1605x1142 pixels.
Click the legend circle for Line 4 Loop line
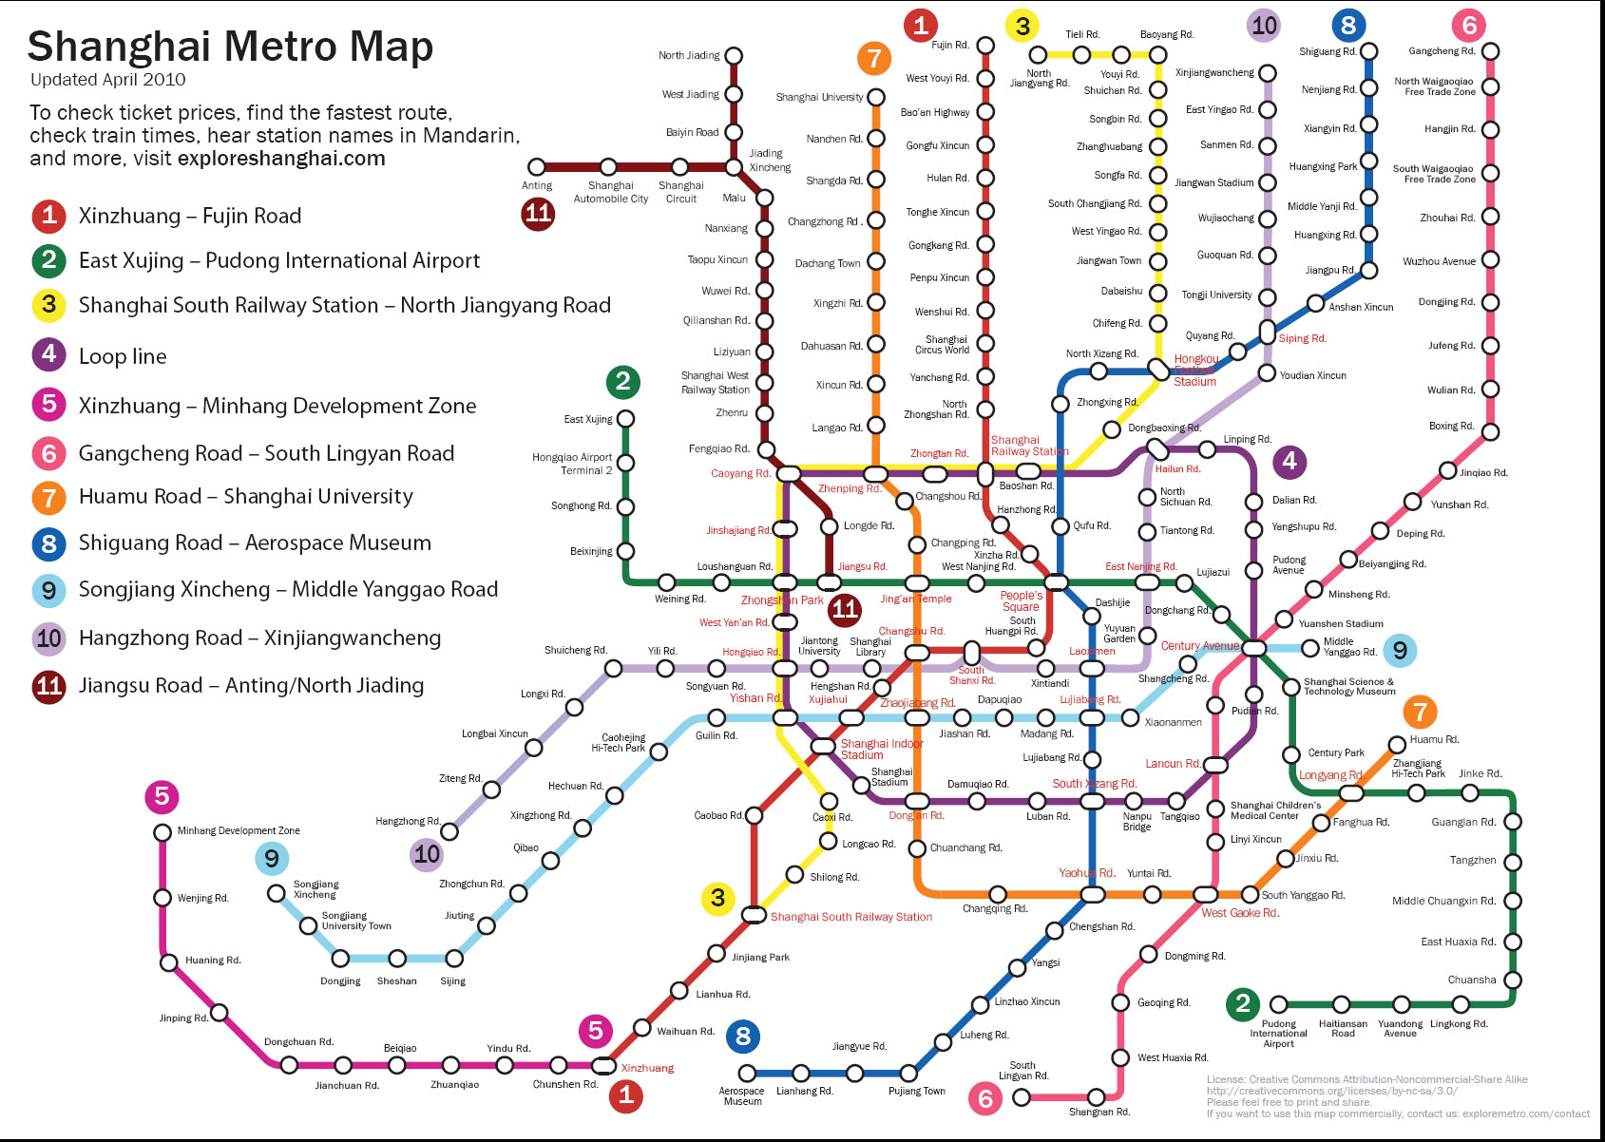[x=48, y=355]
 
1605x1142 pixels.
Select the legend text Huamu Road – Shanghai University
[x=246, y=497]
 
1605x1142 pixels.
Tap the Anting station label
[x=537, y=186]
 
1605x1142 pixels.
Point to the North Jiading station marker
[x=734, y=56]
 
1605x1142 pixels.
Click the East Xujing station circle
[x=625, y=419]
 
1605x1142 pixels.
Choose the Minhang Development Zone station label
[x=239, y=830]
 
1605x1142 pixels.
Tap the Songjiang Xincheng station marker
[x=277, y=893]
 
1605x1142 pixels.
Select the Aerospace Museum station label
[x=741, y=1096]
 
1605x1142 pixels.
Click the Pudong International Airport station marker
[x=1279, y=1004]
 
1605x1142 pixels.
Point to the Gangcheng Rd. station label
[x=1442, y=51]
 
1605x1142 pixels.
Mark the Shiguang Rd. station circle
[x=1368, y=51]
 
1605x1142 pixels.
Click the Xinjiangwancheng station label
[x=1214, y=73]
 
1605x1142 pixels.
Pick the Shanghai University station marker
[x=876, y=97]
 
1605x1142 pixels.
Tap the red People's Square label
[x=1021, y=601]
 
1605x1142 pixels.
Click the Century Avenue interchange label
[x=1199, y=646]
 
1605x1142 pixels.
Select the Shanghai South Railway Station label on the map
[x=850, y=917]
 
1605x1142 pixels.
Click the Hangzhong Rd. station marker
[x=449, y=832]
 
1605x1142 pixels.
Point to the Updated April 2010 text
[x=107, y=80]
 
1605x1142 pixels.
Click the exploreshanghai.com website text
[x=281, y=159]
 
